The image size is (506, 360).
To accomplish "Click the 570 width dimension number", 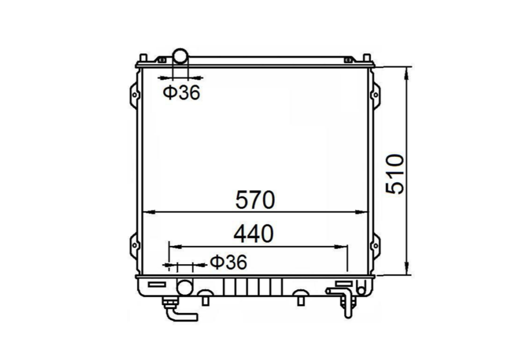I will (x=255, y=200).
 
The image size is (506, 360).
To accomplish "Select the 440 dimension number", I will (x=253, y=234).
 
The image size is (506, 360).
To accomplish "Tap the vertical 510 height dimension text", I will (x=396, y=174).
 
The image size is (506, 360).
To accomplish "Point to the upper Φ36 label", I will (x=181, y=93).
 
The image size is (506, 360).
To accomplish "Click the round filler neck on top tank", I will (x=181, y=55).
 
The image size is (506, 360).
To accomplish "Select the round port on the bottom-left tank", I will (x=184, y=287).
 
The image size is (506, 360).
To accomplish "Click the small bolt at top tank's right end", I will (x=349, y=59).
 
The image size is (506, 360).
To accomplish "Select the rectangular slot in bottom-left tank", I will (x=157, y=285).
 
